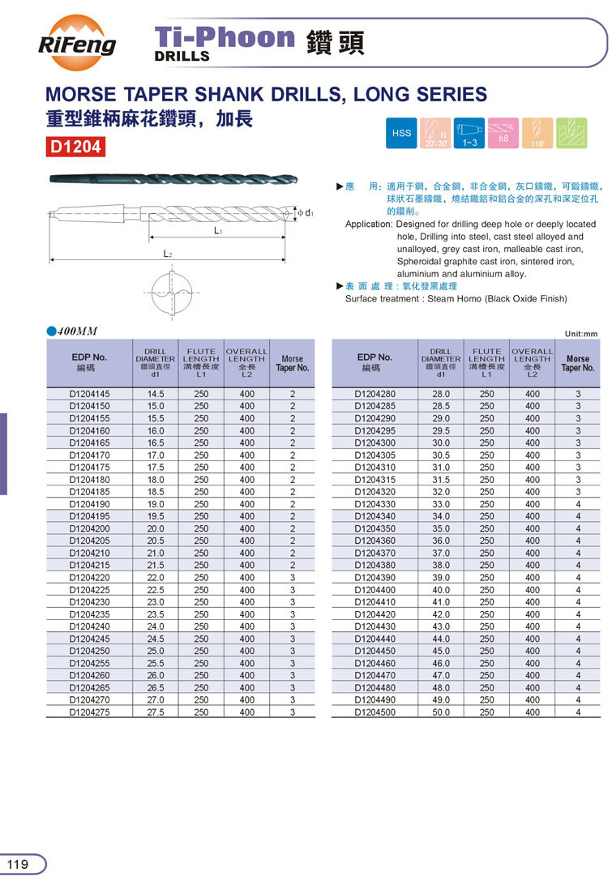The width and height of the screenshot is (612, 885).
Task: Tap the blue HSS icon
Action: pyautogui.click(x=402, y=133)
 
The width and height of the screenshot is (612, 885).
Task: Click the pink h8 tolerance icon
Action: pyautogui.click(x=503, y=133)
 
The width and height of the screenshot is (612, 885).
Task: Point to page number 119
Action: pyautogui.click(x=18, y=864)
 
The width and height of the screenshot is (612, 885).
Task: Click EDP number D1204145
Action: pyautogui.click(x=89, y=394)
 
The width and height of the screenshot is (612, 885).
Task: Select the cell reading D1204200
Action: pyautogui.click(x=89, y=528)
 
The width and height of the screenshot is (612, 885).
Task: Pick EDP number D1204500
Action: pyautogui.click(x=375, y=712)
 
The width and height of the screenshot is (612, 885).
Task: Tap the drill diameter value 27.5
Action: pyautogui.click(x=155, y=712)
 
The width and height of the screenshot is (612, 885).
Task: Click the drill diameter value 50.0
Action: pyautogui.click(x=441, y=712)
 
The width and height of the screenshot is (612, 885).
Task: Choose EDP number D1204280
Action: pyautogui.click(x=375, y=394)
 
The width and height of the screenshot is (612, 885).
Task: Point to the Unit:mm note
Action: pyautogui.click(x=580, y=333)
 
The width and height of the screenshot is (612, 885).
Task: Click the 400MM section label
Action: pyautogui.click(x=77, y=331)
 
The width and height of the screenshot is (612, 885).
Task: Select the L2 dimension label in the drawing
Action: pyautogui.click(x=167, y=254)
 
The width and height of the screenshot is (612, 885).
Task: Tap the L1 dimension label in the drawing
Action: pyautogui.click(x=218, y=231)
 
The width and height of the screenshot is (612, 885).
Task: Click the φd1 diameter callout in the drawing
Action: pyautogui.click(x=306, y=212)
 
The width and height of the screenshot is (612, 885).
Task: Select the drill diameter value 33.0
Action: pyautogui.click(x=441, y=504)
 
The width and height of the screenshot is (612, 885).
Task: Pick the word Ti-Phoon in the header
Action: pyautogui.click(x=225, y=36)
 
